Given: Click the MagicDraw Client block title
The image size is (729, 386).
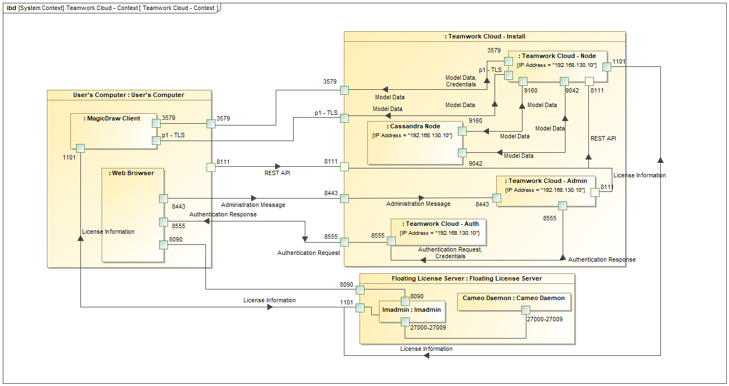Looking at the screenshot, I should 112,118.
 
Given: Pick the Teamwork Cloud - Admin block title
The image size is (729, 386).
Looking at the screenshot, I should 548,181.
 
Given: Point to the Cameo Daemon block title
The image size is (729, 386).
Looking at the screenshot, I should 514,298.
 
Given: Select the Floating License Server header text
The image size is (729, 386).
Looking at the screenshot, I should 467,278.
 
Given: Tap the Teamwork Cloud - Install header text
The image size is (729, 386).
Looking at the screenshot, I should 485,36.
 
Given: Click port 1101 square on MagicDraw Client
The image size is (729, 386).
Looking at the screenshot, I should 80,148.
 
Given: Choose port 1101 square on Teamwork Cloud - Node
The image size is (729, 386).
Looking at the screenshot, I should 606,66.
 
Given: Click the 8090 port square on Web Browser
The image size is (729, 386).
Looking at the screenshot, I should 164,244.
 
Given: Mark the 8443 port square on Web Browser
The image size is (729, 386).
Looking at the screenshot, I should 164,198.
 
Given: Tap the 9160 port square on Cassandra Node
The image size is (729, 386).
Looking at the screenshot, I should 462,131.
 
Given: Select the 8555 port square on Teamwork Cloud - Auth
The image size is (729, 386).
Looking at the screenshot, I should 391,240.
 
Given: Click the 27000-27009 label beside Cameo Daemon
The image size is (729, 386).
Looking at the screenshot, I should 545,320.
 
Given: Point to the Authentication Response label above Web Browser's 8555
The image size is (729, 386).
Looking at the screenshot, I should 223,214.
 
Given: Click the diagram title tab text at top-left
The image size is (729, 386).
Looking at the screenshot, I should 112,8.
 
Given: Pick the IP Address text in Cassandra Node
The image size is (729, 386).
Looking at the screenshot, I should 412,136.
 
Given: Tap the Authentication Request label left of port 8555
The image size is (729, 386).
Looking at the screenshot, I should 309,253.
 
